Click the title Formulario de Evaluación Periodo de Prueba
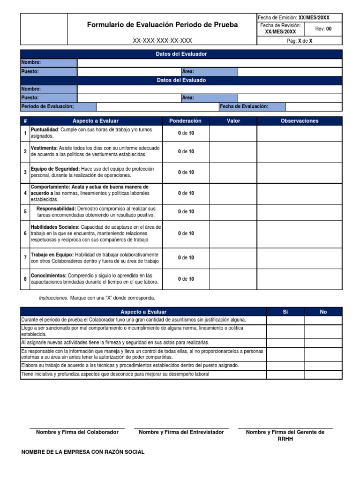click(162, 25)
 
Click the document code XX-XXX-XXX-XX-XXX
click(162, 41)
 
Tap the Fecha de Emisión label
click(277, 17)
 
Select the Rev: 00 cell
click(323, 29)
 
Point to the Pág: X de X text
click(300, 41)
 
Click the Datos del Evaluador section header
click(181, 54)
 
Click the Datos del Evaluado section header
click(181, 80)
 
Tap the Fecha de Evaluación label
click(244, 106)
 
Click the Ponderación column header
click(185, 121)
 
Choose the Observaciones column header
click(299, 121)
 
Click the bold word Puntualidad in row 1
click(45, 129)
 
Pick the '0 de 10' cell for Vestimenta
click(186, 151)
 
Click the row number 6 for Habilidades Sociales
click(25, 233)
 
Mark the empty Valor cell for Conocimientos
click(233, 279)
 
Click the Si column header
click(285, 312)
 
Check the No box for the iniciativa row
click(323, 374)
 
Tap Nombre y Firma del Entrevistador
click(181, 432)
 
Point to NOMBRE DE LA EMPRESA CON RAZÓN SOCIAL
click(83, 452)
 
